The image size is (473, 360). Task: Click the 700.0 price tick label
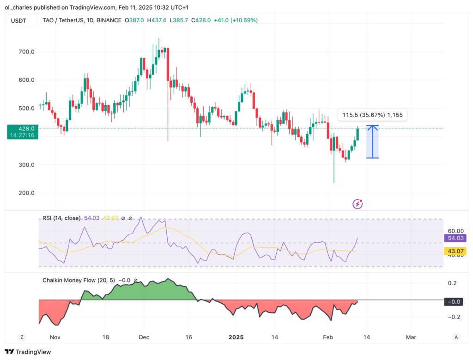[x=26, y=52]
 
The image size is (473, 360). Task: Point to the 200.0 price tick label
[x=26, y=193]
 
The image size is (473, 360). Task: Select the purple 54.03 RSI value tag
[x=455, y=238]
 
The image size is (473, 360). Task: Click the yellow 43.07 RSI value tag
[x=455, y=251]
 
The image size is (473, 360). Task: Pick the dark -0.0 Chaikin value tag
[x=455, y=301]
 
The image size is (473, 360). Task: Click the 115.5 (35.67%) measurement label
[x=372, y=115]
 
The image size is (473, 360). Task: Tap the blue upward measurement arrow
[x=372, y=141]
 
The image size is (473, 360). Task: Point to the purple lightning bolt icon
[x=358, y=204]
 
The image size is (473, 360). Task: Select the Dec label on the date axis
[x=144, y=337]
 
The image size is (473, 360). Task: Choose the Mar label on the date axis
[x=411, y=337]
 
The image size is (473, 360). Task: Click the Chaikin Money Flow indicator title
[x=79, y=280]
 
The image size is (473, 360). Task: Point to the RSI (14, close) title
[x=61, y=218]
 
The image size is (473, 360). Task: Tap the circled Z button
[x=22, y=337]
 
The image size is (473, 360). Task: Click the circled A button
[x=456, y=337]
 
